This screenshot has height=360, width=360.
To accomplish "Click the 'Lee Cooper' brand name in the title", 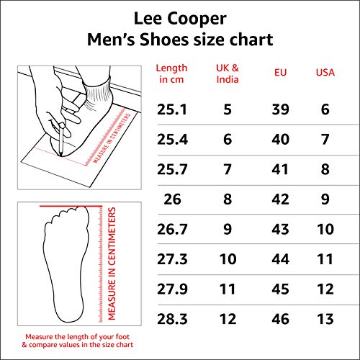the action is coord(180,19).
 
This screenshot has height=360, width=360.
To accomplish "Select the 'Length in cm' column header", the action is coord(171,73).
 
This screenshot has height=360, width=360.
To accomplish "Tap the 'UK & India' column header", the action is coord(228,73).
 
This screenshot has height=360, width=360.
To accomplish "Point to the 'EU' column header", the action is coord(280,73).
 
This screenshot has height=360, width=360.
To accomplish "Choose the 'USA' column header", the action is coord(325,73).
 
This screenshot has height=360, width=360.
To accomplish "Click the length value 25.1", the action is coord(172,109).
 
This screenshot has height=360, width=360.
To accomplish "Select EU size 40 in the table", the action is coord(280,139).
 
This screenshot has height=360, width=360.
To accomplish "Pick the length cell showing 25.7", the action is coord(172,169).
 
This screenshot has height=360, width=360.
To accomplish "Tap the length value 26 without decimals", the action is coord(172,199).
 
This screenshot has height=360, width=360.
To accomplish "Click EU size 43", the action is coord(280,229).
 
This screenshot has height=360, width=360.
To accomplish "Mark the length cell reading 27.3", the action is coord(172,259).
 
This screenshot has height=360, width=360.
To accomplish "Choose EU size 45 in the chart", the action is coord(280,289).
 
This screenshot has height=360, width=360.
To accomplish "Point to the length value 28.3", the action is coord(172,319).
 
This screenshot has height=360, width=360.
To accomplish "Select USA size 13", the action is coord(325,319).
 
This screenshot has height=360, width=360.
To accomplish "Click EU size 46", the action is coord(280,319).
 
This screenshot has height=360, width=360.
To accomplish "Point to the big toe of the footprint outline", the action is coord(81,212).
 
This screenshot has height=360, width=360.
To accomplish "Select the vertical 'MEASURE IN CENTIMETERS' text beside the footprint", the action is coord(112,264).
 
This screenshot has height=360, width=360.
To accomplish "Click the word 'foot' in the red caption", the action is coord(122,337).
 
